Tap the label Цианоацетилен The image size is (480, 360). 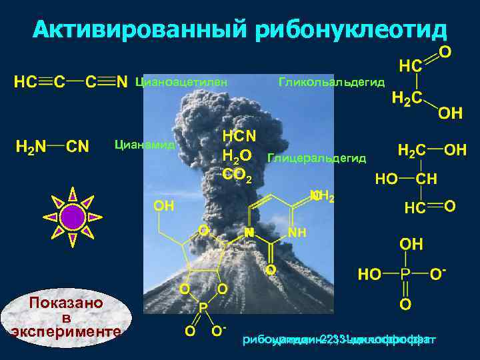coord(181,82)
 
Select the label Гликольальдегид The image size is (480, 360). coord(331,82)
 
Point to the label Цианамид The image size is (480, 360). coord(145,144)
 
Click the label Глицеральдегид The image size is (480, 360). coord(316,158)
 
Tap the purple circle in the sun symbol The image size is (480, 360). coord(72,217)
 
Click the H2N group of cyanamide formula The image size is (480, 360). coord(31,146)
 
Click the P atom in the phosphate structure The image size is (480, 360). coord(405,274)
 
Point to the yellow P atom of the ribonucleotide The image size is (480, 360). coord(203,308)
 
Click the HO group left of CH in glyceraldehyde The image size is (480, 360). coord(387,179)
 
